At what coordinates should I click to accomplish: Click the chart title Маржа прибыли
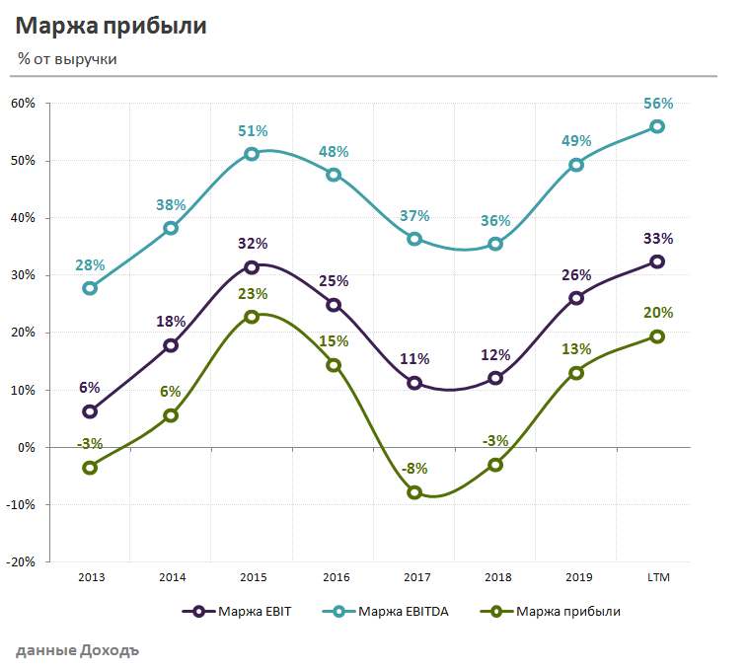(112, 27)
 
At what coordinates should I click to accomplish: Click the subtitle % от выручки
(68, 59)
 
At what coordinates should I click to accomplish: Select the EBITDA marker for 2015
(252, 154)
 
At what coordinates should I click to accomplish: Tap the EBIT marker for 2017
(414, 383)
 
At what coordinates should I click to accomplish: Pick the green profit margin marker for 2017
(414, 492)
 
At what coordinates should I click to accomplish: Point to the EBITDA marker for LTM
(657, 126)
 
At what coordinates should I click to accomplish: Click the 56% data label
(658, 104)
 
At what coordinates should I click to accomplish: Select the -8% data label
(414, 469)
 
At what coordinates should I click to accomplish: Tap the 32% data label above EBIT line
(253, 244)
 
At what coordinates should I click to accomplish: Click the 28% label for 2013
(90, 264)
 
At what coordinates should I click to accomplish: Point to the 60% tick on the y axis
(24, 103)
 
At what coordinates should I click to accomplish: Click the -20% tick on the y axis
(21, 561)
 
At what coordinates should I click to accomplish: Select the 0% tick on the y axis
(27, 447)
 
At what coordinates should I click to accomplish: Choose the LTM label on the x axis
(657, 577)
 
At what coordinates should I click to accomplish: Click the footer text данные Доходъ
(78, 650)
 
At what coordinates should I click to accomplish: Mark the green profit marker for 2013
(90, 468)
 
